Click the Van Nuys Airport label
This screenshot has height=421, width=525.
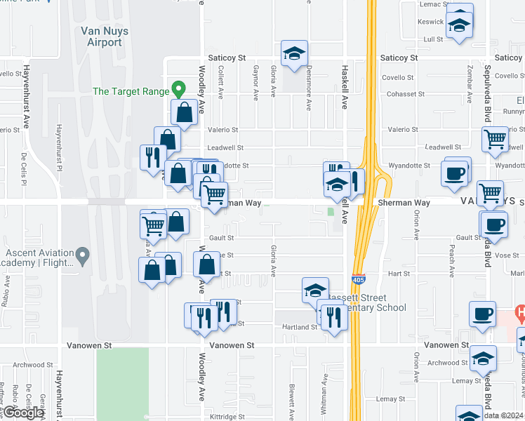[101, 36]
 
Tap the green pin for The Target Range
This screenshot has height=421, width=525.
[179, 90]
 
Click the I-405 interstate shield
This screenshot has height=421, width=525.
[358, 279]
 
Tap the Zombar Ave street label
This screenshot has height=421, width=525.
[467, 74]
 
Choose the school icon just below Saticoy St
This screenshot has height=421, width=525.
[295, 53]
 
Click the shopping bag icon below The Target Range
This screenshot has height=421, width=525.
[184, 112]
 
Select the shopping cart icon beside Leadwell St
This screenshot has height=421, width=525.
[496, 140]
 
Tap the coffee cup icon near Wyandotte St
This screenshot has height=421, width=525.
[455, 173]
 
